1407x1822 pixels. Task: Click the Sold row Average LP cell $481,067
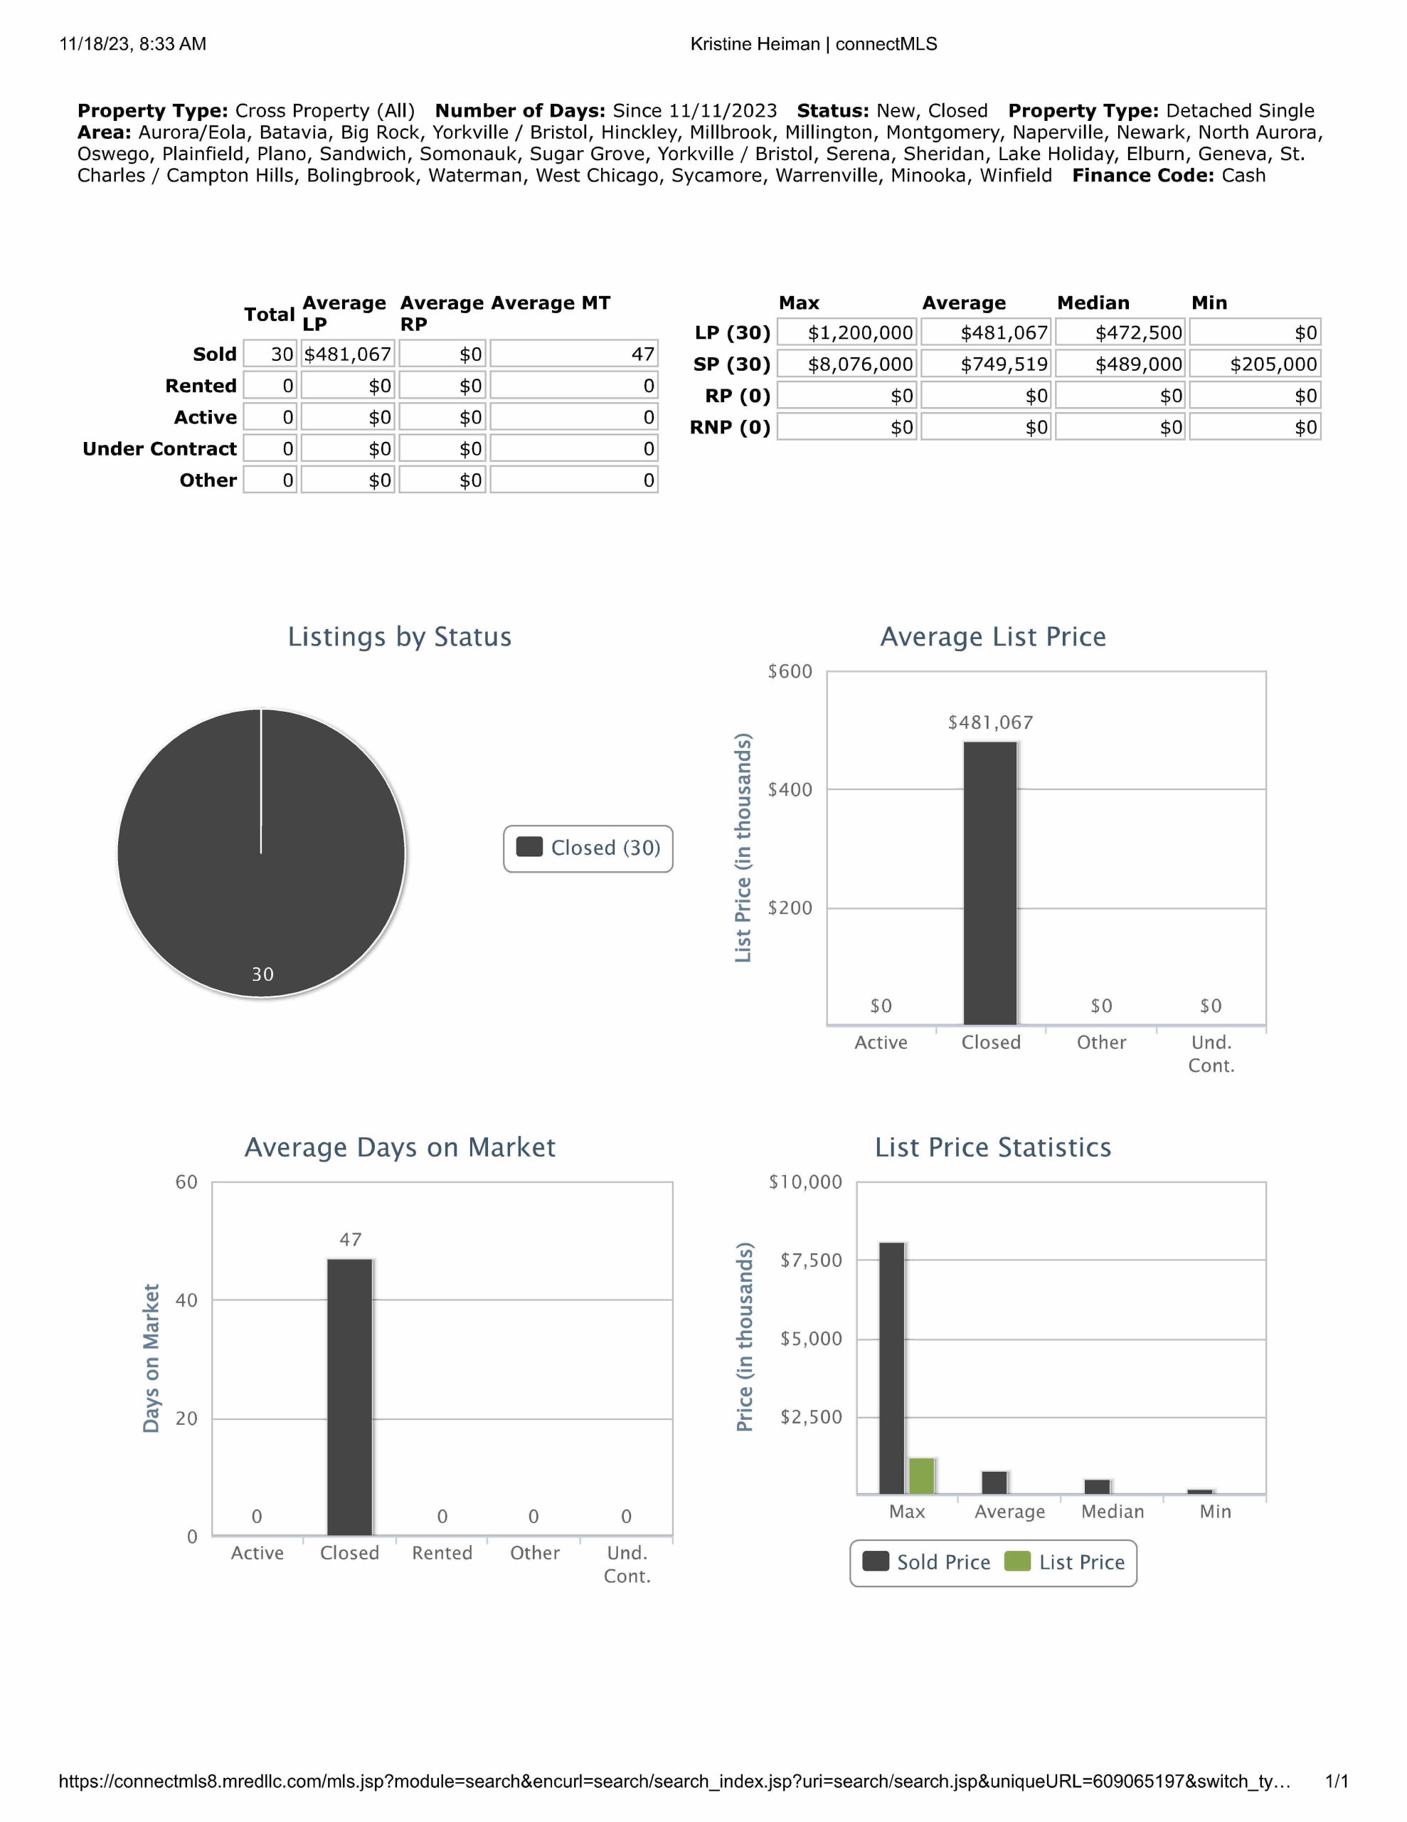pos(347,354)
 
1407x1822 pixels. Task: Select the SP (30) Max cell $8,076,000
pos(846,364)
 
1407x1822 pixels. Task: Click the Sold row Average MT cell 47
pos(574,354)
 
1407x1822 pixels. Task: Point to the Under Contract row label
pos(159,449)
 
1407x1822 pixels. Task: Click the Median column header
pos(1093,302)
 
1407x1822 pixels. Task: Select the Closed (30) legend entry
pos(589,848)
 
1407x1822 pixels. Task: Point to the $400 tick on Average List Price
pos(789,790)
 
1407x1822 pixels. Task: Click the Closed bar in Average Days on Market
pos(349,1396)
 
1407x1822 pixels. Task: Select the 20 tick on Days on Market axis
pos(186,1418)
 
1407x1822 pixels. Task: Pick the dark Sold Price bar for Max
pos(891,1368)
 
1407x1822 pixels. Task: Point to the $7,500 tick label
pos(811,1260)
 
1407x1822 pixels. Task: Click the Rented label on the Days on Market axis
pos(442,1554)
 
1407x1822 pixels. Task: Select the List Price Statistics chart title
pos(992,1148)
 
